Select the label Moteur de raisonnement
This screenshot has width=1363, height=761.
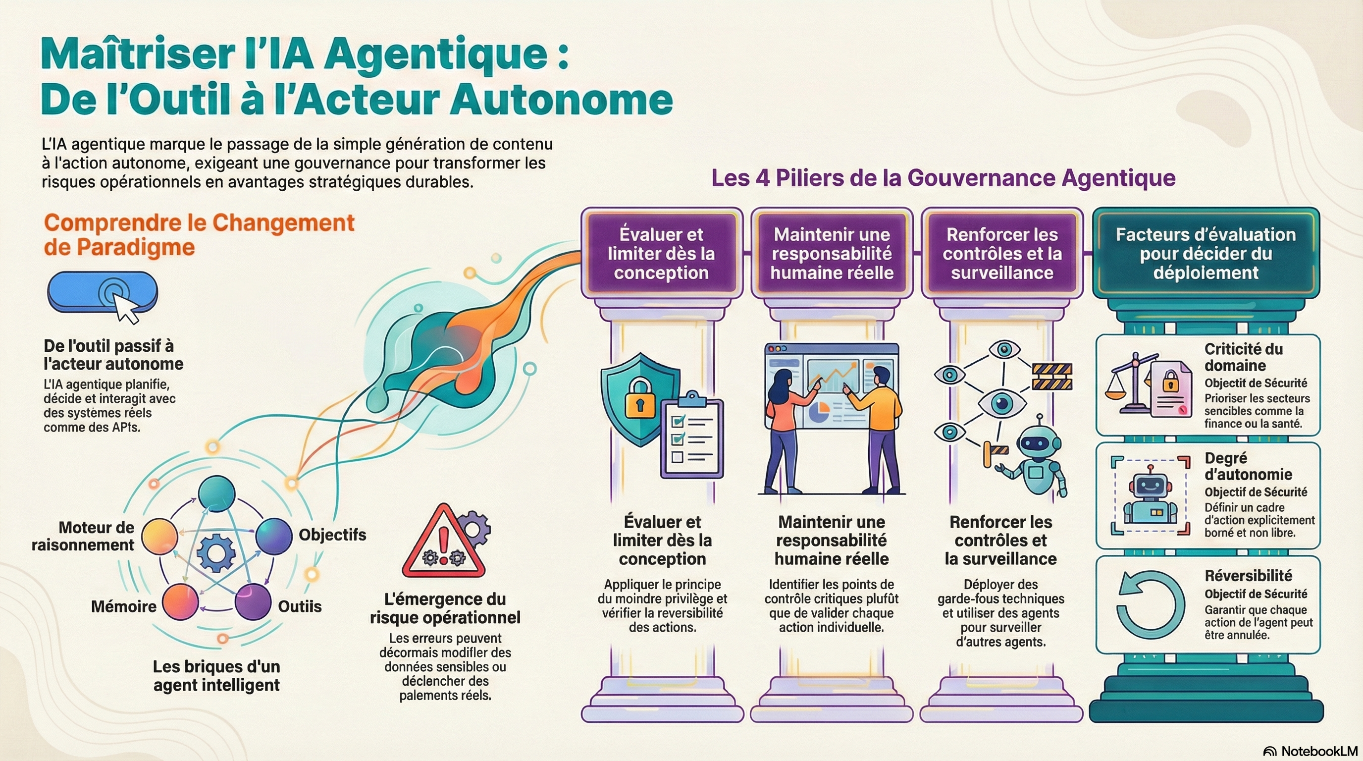tap(83, 536)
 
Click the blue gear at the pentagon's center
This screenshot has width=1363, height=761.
tap(216, 553)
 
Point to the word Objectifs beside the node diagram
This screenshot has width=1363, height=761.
tap(332, 535)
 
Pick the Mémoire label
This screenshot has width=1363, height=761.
tap(123, 606)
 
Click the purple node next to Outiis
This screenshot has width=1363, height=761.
tap(253, 601)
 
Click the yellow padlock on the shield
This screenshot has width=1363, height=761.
tap(640, 398)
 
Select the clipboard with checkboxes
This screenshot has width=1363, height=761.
tap(691, 437)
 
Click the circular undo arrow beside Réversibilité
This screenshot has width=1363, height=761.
tap(1150, 605)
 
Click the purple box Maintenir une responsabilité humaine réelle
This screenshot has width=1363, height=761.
tap(831, 253)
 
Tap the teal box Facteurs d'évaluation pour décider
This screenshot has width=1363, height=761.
tap(1206, 253)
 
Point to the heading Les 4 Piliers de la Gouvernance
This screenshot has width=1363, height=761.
tap(943, 178)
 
